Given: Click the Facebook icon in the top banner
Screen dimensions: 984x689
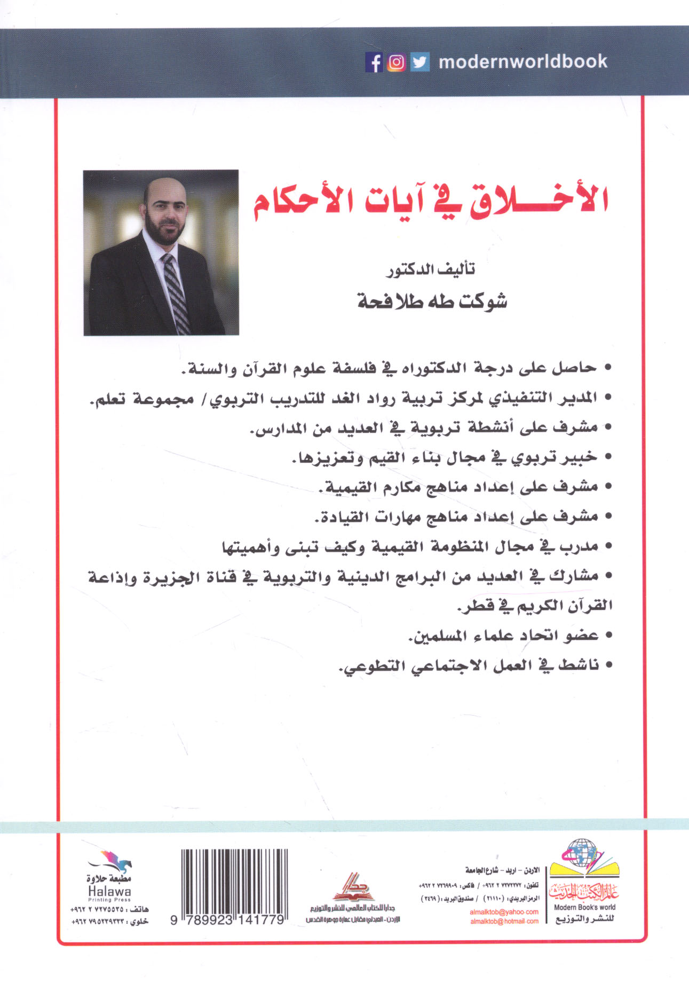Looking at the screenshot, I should click(x=375, y=62).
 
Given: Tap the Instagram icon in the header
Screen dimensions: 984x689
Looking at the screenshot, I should click(x=397, y=62).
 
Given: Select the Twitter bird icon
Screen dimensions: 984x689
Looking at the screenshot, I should click(x=420, y=62).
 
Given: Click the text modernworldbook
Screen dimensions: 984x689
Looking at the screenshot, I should click(x=522, y=62).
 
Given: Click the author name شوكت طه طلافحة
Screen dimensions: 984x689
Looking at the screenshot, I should click(x=432, y=302).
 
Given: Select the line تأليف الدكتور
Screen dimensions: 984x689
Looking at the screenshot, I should click(x=431, y=271).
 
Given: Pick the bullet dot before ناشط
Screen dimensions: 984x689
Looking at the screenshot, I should click(x=606, y=665).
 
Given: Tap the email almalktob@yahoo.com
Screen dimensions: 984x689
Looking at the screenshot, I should click(x=504, y=912).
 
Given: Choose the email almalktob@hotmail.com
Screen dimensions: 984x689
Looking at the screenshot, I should click(x=504, y=922).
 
